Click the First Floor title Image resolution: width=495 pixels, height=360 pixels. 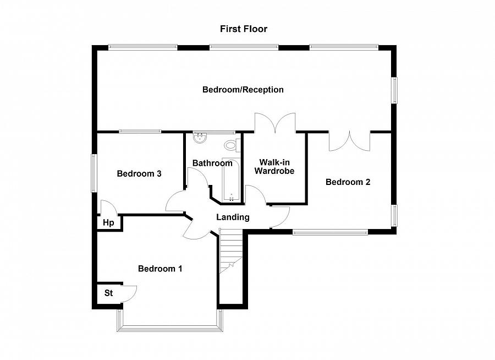click(x=244, y=29)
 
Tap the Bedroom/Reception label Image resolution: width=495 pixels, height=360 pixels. click(x=243, y=90)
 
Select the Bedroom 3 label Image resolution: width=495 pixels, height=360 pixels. click(x=139, y=173)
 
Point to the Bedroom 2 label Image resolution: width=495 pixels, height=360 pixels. click(x=348, y=182)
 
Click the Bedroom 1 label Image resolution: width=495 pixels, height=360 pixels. click(x=160, y=269)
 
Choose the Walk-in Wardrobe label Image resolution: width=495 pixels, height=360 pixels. click(x=274, y=167)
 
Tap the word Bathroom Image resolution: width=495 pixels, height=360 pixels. click(x=212, y=163)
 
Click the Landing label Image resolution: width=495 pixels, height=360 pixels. click(x=233, y=217)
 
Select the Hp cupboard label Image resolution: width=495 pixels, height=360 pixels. click(x=108, y=223)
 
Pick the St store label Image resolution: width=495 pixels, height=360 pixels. click(x=108, y=293)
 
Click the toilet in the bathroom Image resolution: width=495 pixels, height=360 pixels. click(x=232, y=145)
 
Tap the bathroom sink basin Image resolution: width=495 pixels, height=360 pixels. click(x=200, y=138)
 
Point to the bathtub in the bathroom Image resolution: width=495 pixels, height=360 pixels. click(x=232, y=179)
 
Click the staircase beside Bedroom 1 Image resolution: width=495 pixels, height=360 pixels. click(x=231, y=251)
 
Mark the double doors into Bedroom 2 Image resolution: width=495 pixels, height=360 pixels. click(x=349, y=141)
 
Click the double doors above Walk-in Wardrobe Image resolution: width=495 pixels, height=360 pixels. click(x=276, y=123)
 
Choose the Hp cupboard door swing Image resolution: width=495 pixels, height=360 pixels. click(x=108, y=208)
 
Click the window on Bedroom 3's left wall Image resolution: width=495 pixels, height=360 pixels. click(x=94, y=173)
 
